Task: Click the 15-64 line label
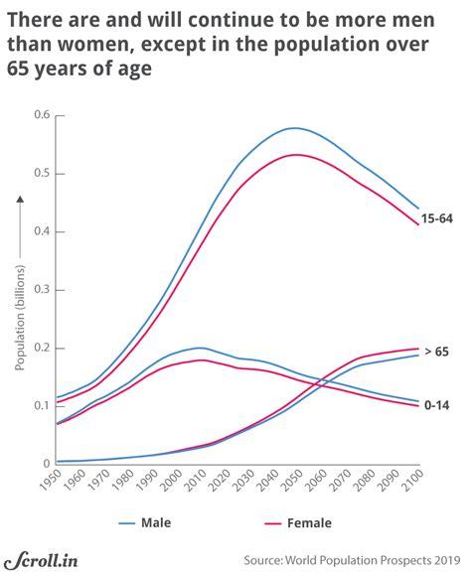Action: coord(437,218)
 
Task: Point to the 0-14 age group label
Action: coord(435,406)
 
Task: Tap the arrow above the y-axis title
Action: coord(19,220)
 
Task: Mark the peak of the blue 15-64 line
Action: coord(293,128)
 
